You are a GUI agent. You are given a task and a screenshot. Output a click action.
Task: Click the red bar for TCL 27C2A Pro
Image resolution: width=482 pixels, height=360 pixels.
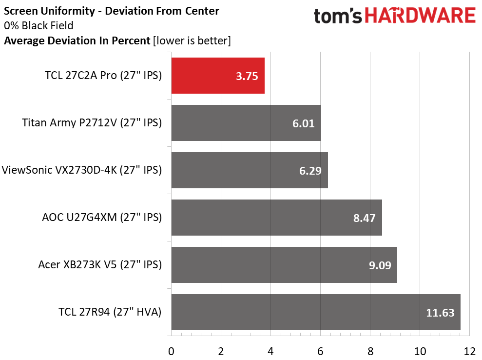[218, 76]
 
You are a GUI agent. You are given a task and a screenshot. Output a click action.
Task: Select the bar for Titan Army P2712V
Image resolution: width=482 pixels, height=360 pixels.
[246, 123]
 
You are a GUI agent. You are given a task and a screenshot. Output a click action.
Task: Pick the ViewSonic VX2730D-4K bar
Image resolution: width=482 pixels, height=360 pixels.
[250, 170]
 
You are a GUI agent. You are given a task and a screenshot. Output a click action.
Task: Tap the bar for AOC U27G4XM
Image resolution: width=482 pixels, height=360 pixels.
[277, 218]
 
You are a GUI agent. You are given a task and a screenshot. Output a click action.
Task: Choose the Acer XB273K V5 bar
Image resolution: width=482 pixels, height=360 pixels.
[284, 265]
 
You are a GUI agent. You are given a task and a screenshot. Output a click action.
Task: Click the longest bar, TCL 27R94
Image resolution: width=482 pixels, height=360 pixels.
[316, 312]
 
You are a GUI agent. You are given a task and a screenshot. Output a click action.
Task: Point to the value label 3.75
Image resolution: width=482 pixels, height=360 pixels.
[247, 76]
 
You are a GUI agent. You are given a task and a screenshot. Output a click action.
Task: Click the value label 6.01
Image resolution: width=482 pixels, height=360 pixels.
[304, 124]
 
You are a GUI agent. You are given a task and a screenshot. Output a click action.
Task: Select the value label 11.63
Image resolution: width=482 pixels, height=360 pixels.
[440, 313]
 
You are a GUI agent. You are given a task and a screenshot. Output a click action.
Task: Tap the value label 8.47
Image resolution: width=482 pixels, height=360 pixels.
[364, 218]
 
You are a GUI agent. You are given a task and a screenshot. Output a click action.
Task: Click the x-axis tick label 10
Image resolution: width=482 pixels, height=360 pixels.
[420, 351]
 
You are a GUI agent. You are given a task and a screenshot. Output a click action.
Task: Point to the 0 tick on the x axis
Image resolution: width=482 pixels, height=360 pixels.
[171, 351]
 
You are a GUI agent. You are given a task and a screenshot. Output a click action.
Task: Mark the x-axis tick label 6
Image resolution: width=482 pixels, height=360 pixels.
[320, 351]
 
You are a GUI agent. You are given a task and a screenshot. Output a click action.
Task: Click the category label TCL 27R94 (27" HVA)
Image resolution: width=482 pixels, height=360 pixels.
[110, 312]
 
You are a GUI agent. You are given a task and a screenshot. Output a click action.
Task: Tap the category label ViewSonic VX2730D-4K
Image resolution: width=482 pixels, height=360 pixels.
[59, 170]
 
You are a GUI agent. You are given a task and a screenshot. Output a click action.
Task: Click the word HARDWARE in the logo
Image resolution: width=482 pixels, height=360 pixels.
[420, 16]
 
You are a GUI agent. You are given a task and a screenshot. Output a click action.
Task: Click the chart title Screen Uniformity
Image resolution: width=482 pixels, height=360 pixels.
[50, 11]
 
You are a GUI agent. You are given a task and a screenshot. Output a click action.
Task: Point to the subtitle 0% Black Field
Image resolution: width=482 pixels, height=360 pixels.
[39, 25]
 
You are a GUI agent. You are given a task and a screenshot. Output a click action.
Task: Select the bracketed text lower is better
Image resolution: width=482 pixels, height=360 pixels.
[192, 40]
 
